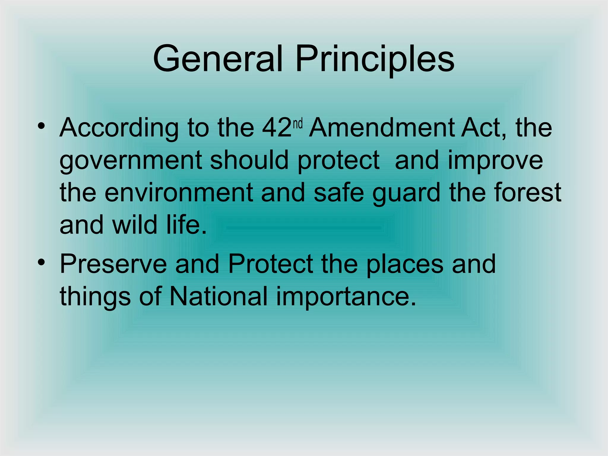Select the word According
pyautogui.click(x=119, y=128)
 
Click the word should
pyautogui.click(x=249, y=160)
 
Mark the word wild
pyautogui.click(x=134, y=225)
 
